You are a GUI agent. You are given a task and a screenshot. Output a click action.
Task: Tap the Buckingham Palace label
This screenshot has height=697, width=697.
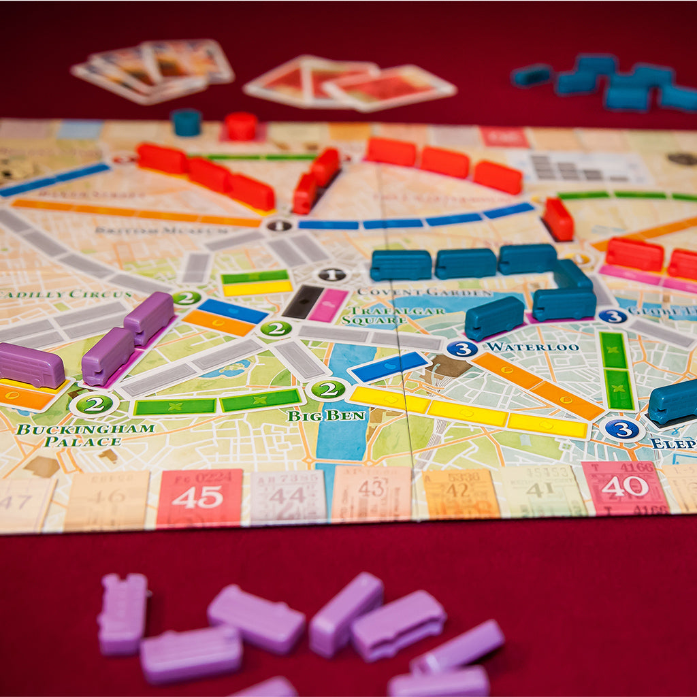[x=85, y=435]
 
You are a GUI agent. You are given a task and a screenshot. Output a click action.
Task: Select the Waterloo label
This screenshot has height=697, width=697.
[x=532, y=346]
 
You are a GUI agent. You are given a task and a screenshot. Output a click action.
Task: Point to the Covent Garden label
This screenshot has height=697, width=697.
[x=423, y=292]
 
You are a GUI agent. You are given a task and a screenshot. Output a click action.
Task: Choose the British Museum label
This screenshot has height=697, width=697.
[x=140, y=231]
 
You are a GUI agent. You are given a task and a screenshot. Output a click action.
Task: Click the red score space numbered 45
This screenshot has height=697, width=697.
[x=200, y=497]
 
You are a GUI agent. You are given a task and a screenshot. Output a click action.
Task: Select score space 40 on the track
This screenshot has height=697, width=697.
[x=624, y=487]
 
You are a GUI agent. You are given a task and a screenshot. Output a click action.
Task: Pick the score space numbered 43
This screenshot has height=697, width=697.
[x=372, y=493]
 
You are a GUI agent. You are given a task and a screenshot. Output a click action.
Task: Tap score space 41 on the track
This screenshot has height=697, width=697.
[x=542, y=489]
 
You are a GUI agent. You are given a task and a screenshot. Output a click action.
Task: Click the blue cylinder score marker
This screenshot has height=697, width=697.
[x=186, y=122]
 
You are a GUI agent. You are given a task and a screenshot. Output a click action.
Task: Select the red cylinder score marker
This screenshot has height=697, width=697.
[x=241, y=126]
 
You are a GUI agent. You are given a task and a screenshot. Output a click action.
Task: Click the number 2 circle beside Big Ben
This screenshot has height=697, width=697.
[x=328, y=389]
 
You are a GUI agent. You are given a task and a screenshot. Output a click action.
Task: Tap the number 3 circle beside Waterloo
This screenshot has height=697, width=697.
[x=462, y=348]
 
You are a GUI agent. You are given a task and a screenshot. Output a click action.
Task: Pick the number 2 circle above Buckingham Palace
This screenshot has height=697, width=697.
[x=94, y=404]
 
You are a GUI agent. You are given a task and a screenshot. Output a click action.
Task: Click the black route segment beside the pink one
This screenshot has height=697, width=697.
[x=303, y=301]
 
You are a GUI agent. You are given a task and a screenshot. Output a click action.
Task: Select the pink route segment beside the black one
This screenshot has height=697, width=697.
[x=329, y=305]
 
